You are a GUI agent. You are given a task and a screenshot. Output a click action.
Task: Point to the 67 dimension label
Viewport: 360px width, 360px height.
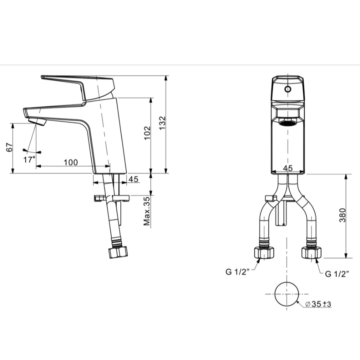pyautogui.click(x=8, y=148)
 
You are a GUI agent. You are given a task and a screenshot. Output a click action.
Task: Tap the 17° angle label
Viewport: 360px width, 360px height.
pyautogui.click(x=29, y=159)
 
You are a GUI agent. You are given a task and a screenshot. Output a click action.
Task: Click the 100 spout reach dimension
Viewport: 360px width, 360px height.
pyautogui.click(x=70, y=162)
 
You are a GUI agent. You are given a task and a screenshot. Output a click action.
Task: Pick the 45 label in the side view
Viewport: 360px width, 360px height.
pyautogui.click(x=134, y=180)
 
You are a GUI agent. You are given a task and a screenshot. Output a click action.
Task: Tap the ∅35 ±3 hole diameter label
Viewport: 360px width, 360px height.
pyautogui.click(x=318, y=305)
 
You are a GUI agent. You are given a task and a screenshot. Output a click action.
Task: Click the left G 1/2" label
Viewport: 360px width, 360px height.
pyautogui.click(x=237, y=272)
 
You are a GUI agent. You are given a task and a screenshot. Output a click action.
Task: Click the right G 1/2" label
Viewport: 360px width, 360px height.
pyautogui.click(x=337, y=274)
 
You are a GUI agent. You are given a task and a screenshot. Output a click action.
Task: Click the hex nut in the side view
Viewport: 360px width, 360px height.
pyautogui.click(x=118, y=252)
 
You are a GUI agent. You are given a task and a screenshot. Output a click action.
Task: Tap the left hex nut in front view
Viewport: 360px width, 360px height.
pyautogui.click(x=264, y=252)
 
